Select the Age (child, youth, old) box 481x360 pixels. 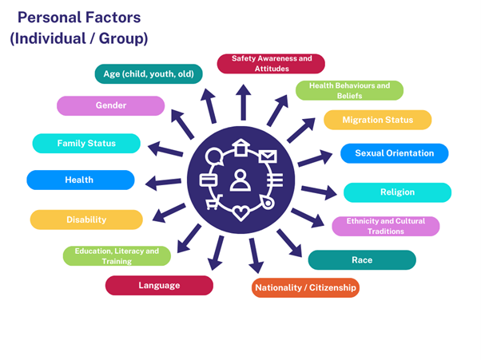pos(149,74)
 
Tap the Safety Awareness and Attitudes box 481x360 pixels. pos(272,64)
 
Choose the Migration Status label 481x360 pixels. pos(377,120)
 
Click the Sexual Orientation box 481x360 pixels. pos(394,153)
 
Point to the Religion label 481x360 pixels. pos(397,192)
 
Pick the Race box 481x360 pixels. pos(361,260)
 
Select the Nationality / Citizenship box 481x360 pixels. pos(305,287)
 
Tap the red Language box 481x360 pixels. pos(159,285)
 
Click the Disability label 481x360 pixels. pos(86,220)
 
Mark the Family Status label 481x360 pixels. pos(86,144)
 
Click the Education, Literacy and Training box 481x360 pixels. pos(117,255)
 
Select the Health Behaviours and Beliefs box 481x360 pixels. pos(349,90)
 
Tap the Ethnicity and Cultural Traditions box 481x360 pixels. pos(385,226)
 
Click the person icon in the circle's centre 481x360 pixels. pos(240,180)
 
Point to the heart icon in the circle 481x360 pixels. pos(240,213)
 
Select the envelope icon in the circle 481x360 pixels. pos(266,156)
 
